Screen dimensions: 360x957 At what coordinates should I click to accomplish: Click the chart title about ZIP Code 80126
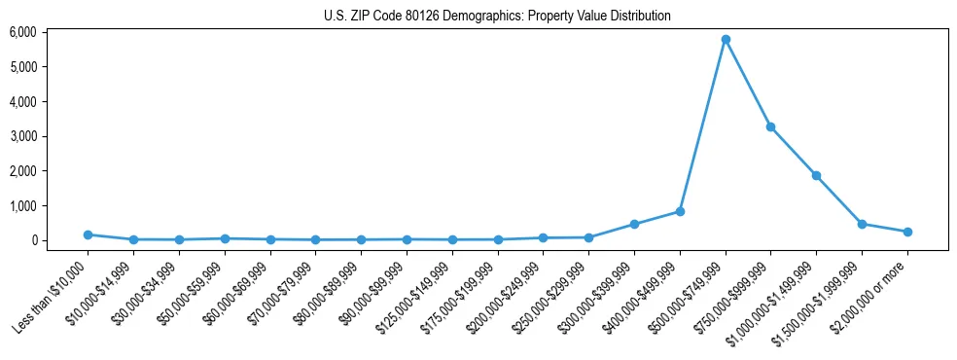point(497,16)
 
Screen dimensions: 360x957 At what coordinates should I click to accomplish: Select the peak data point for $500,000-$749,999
point(726,40)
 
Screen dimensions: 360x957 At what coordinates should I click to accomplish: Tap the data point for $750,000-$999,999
point(770,126)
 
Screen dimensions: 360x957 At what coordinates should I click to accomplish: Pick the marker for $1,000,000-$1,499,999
point(816,175)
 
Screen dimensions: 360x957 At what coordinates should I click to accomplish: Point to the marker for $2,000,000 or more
point(907,232)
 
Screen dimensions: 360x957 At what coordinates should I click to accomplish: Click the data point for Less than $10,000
point(88,234)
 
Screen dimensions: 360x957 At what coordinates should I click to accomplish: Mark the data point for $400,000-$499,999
point(680,211)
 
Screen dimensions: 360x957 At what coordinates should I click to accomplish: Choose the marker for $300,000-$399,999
point(634,224)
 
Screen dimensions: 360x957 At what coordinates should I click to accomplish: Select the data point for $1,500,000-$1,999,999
point(862,224)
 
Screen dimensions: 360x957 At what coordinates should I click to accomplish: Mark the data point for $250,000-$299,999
point(588,237)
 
